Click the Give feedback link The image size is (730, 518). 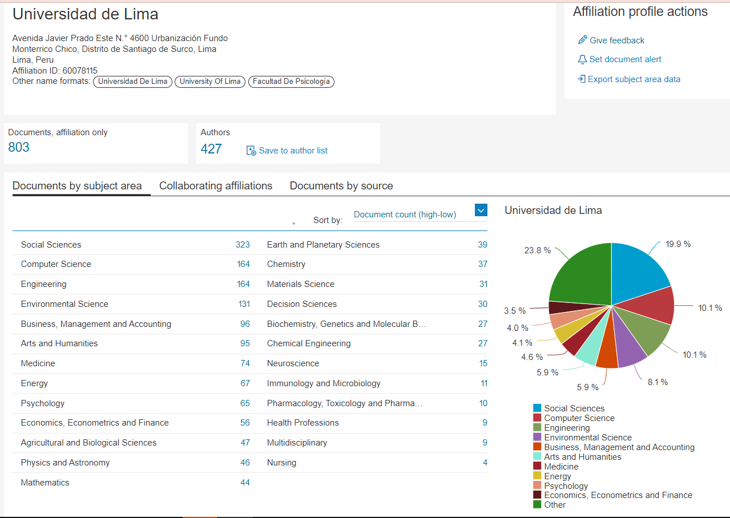pyautogui.click(x=616, y=41)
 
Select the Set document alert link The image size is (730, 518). pyautogui.click(x=625, y=59)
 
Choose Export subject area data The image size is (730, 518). pyautogui.click(x=634, y=79)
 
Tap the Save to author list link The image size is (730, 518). pyautogui.click(x=293, y=151)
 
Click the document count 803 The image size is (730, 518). pyautogui.click(x=19, y=147)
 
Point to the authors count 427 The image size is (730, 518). pyautogui.click(x=211, y=149)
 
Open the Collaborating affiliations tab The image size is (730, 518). pyautogui.click(x=216, y=186)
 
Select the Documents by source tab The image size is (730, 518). pyautogui.click(x=341, y=186)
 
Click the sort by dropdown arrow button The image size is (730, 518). pyautogui.click(x=481, y=211)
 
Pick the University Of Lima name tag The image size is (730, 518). pyautogui.click(x=210, y=82)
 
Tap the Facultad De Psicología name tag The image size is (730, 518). pyautogui.click(x=291, y=82)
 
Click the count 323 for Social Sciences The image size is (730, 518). pyautogui.click(x=243, y=245)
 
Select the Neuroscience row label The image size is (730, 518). pyautogui.click(x=293, y=363)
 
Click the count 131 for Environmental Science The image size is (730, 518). pyautogui.click(x=244, y=304)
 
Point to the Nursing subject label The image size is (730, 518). pyautogui.click(x=281, y=463)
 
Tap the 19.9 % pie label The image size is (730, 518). pyautogui.click(x=678, y=244)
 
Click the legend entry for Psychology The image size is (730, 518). pyautogui.click(x=566, y=486)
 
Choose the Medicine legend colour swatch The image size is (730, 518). pyautogui.click(x=537, y=467)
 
